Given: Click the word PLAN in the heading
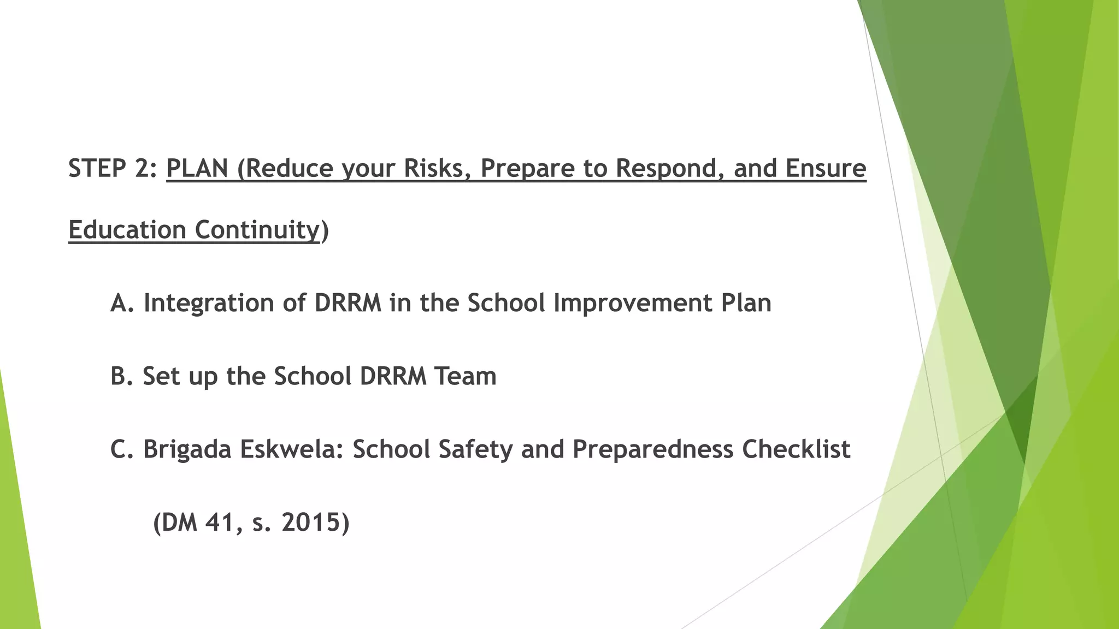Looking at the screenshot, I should pos(197,168).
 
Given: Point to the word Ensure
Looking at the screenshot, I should pos(826,168).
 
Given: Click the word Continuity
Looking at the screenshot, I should pos(257,230).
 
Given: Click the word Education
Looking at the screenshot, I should pos(127,230).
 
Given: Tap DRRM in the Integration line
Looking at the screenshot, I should pos(348,303).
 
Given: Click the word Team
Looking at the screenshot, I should pos(465,376).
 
